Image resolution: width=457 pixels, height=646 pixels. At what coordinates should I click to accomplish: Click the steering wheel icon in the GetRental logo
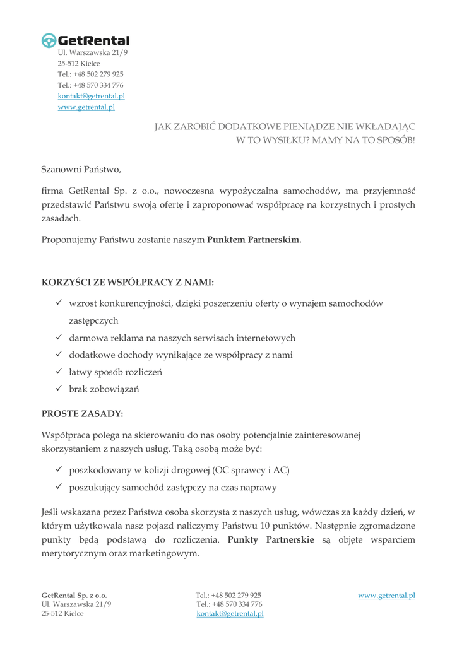[x=49, y=40]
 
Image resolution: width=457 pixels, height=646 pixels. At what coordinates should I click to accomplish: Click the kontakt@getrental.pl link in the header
[x=91, y=96]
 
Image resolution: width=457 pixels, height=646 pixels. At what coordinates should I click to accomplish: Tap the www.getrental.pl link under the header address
[x=86, y=107]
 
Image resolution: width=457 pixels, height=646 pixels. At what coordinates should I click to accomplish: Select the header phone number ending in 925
[x=90, y=74]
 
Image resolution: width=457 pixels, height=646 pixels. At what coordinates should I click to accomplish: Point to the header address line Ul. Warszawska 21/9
[x=92, y=52]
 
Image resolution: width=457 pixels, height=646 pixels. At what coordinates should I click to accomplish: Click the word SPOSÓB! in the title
[x=395, y=140]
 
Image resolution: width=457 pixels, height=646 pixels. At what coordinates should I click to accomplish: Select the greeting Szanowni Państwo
[x=81, y=169]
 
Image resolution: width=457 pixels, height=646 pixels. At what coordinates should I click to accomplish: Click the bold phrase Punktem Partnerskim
[x=254, y=240]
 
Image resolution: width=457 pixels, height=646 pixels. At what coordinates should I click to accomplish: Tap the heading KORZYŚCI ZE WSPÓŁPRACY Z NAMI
[x=128, y=282]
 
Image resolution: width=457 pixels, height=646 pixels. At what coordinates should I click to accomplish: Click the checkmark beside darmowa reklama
[x=58, y=338]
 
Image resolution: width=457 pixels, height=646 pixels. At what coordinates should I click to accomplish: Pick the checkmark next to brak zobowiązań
[x=58, y=389]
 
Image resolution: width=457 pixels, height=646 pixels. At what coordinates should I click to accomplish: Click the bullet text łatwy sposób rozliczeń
[x=116, y=372]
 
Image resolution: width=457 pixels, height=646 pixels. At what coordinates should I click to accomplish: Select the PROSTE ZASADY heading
[x=82, y=414]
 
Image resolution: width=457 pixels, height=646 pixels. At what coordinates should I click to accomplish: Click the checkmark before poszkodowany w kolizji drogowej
[x=58, y=470]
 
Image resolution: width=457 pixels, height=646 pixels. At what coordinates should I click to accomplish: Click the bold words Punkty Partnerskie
[x=270, y=539]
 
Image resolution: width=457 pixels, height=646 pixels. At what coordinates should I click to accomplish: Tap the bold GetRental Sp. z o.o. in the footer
[x=74, y=595]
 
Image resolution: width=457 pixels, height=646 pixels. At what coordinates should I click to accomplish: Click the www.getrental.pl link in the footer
[x=386, y=595]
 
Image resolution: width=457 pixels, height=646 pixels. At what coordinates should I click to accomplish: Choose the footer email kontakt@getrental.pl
[x=230, y=613]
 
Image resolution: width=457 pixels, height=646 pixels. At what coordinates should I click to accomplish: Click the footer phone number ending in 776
[x=229, y=604]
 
